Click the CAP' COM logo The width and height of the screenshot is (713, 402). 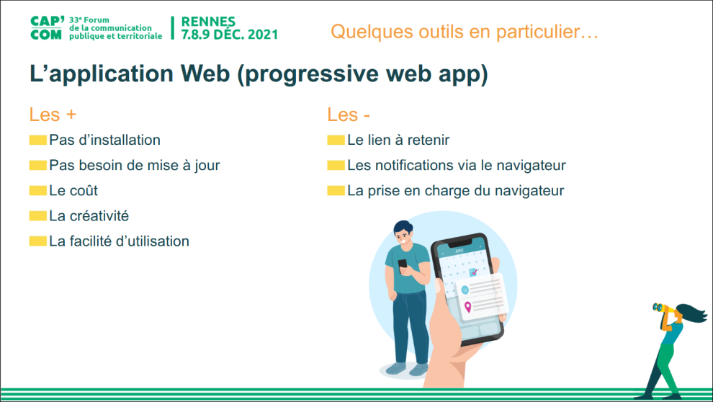point(47,28)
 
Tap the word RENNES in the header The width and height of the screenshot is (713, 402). point(208,22)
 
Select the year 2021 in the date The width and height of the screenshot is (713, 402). point(262,35)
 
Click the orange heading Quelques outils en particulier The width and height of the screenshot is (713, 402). point(465,32)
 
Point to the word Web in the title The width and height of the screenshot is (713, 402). point(205,73)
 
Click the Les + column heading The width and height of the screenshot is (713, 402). point(53,115)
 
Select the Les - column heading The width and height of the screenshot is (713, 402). point(349,115)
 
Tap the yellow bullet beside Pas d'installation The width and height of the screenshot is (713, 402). point(37,140)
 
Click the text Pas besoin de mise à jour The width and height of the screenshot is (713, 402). point(135,166)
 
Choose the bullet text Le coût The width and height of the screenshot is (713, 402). point(73,190)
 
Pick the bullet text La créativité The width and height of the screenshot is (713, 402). point(89,216)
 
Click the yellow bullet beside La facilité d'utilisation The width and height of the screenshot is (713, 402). point(37,241)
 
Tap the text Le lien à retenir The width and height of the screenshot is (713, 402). point(398,140)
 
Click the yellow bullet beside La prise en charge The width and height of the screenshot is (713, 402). point(336,190)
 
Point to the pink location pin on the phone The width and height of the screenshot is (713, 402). point(468,308)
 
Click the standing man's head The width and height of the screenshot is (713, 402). point(403,233)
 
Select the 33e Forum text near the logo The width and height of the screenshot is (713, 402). point(89,20)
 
